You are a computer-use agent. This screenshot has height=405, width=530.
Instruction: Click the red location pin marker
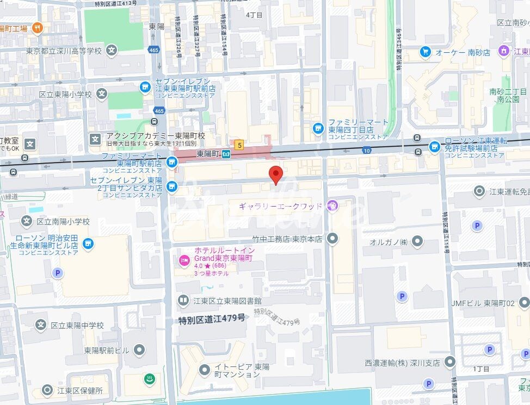[x=276, y=175]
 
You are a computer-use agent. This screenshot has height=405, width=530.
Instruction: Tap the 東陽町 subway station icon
[x=226, y=154]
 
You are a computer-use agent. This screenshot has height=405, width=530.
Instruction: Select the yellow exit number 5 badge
[x=239, y=145]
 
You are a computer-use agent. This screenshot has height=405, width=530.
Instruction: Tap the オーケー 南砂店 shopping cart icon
[x=426, y=52]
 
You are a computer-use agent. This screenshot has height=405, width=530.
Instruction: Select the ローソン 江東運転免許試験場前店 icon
[x=434, y=146]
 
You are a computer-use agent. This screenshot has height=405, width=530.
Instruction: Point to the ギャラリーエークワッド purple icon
[x=333, y=206]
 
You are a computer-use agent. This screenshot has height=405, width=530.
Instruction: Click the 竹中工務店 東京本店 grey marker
[x=332, y=238]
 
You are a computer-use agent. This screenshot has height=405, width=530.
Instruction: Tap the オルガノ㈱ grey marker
[x=417, y=241]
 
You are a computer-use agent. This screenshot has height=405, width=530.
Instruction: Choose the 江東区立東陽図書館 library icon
[x=183, y=300]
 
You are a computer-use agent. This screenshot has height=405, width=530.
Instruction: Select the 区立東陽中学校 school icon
[x=40, y=325]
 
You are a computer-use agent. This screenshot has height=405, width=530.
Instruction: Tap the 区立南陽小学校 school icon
[x=27, y=221]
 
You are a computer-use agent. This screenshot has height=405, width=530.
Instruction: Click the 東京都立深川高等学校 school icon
[x=112, y=51]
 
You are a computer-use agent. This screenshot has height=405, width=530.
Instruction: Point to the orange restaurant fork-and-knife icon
[x=37, y=28]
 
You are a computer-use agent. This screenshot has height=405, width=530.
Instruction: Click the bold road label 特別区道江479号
[x=212, y=319]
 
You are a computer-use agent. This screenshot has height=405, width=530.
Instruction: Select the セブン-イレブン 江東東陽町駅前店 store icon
[x=145, y=86]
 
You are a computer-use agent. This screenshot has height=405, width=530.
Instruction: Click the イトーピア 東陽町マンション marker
[x=204, y=370]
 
